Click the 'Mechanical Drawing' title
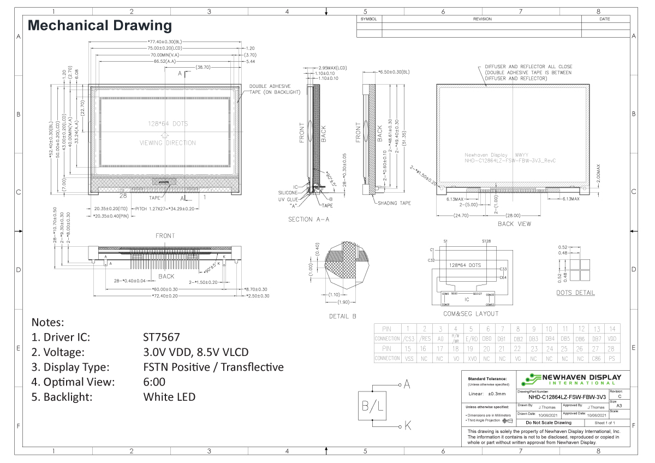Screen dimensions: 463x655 coord(99,25)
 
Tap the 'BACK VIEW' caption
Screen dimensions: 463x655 coord(514,224)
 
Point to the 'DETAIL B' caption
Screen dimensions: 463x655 coord(343,316)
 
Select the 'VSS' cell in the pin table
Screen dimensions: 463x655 coord(408,358)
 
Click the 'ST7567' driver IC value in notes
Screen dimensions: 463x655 coord(161,337)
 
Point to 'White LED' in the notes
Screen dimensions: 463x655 coord(169,396)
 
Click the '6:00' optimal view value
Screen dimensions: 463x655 coord(154,382)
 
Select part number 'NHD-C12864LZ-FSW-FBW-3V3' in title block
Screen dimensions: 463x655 coord(562,397)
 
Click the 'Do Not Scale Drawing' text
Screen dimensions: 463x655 coord(548,423)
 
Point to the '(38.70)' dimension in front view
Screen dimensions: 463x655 coord(203,67)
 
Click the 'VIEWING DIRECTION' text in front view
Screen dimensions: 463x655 coord(168,143)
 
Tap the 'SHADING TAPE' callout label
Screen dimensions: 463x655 coord(395,203)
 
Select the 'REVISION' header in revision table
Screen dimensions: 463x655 coord(483,19)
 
